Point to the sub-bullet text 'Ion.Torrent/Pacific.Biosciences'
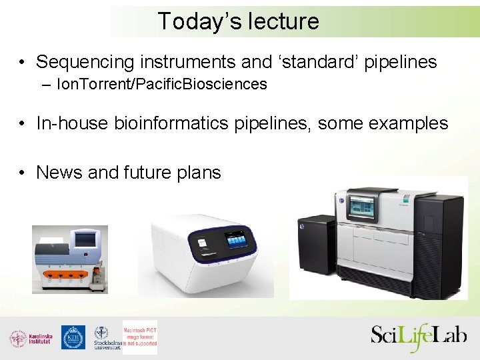pyautogui.click(x=162, y=85)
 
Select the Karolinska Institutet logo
pyautogui.click(x=30, y=338)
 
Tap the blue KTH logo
pyautogui.click(x=73, y=337)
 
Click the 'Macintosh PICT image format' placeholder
pyautogui.click(x=140, y=337)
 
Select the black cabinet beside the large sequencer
pyautogui.click(x=316, y=251)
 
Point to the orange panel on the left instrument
pyautogui.click(x=64, y=275)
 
